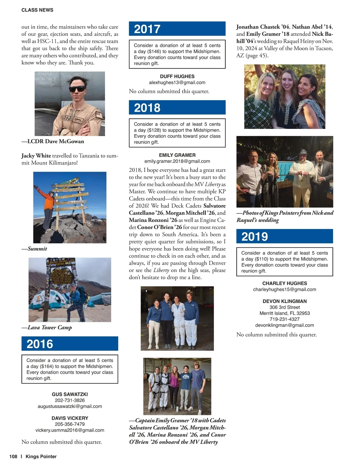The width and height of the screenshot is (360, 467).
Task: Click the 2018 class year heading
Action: [147, 108]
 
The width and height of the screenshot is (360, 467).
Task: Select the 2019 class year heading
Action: [254, 237]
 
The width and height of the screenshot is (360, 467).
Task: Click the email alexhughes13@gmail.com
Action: [177, 82]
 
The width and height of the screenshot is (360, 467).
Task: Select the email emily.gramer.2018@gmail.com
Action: [177, 161]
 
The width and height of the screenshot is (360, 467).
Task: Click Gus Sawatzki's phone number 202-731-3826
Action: [70, 400]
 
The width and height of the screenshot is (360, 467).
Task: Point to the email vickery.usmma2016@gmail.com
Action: [70, 430]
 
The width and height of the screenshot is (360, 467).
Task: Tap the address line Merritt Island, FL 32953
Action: [284, 313]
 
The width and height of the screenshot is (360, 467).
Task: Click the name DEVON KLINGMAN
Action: [284, 301]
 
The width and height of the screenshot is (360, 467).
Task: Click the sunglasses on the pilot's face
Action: [77, 89]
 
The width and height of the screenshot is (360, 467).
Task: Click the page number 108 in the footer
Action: [13, 457]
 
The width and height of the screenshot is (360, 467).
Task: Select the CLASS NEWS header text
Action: [37, 10]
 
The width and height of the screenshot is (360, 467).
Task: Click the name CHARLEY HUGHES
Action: [284, 283]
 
